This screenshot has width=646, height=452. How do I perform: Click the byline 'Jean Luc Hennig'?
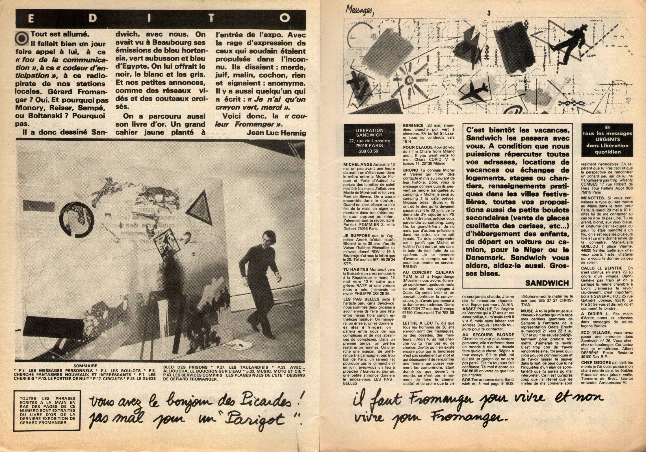tap(276, 132)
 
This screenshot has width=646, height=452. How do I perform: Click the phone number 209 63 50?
tap(365, 151)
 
